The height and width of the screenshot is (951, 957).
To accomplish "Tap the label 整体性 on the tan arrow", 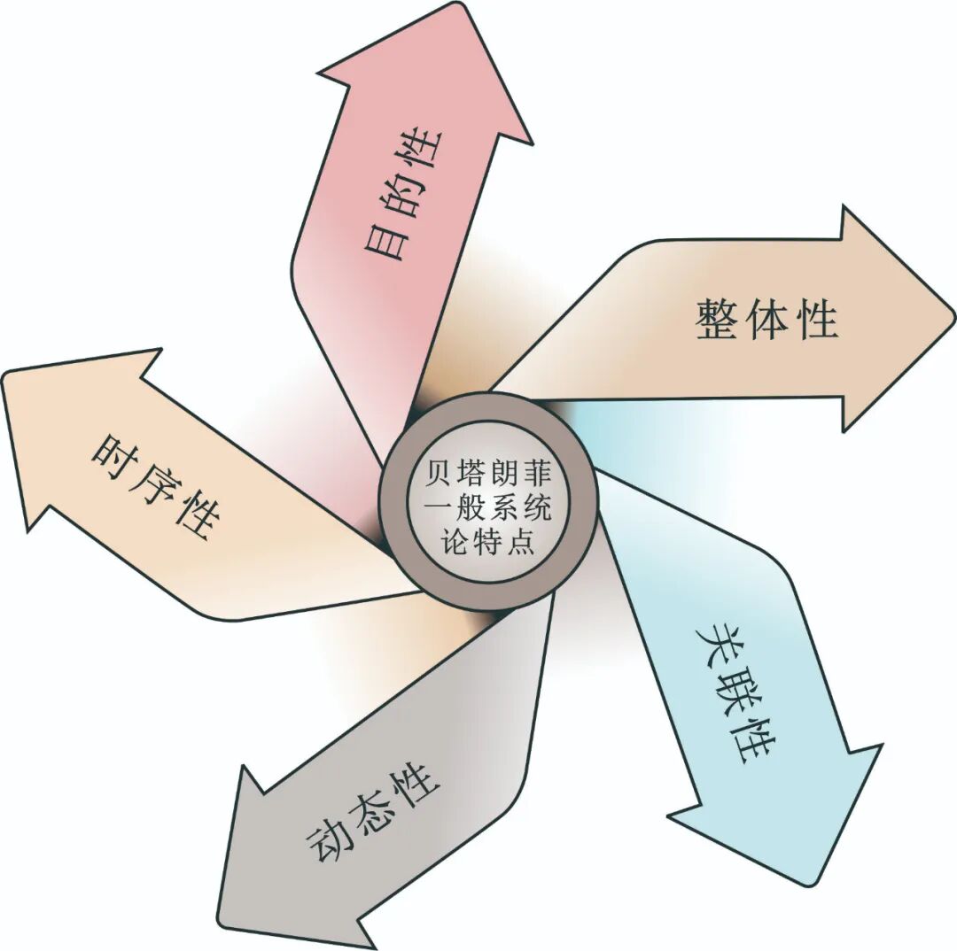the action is [767, 319].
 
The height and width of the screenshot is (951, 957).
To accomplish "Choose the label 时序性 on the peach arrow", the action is [155, 486].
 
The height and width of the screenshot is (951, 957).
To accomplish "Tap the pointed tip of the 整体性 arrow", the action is [952, 314].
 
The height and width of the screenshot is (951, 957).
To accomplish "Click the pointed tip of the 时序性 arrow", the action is [5, 376].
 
